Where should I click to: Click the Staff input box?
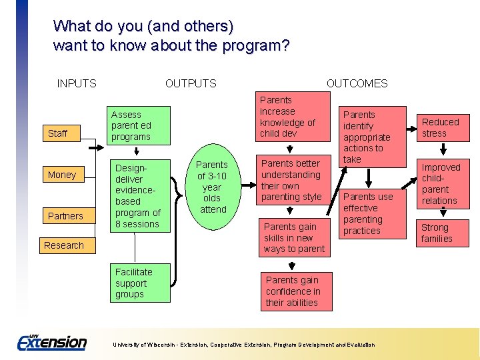coord(58,133)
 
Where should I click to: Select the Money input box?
coord(62,175)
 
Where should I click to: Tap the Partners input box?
coord(65,216)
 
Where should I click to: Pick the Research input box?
coord(64,245)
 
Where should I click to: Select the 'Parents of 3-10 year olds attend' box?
coord(212,187)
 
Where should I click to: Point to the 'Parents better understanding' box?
coord(291,180)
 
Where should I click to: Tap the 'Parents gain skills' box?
coord(294,238)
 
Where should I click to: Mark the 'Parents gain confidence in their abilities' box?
coord(293,291)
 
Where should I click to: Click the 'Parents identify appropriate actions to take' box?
coord(373,137)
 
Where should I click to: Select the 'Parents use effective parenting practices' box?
coord(373,213)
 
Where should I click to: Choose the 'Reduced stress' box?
coord(440,127)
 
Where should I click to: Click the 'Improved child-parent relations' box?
coord(440,184)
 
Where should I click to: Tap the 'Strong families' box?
coord(437,233)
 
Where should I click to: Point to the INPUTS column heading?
coord(77,83)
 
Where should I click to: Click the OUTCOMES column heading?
coord(357,83)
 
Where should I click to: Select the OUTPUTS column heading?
coord(191,83)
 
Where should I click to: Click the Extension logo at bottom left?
coord(52,342)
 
